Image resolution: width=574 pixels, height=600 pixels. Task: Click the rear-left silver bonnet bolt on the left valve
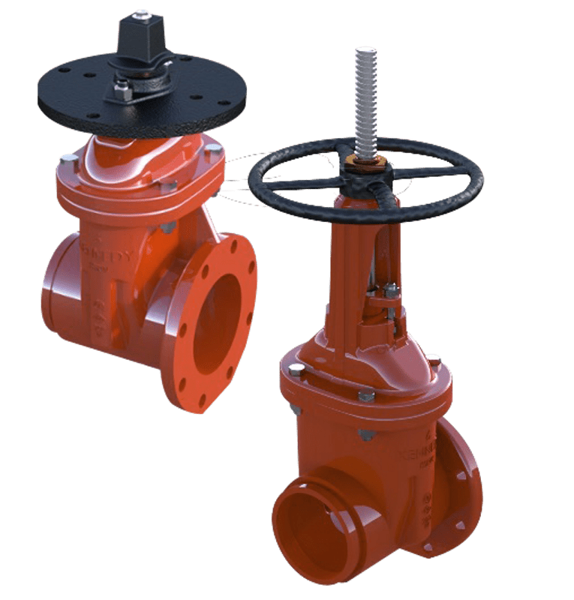point(66,158)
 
